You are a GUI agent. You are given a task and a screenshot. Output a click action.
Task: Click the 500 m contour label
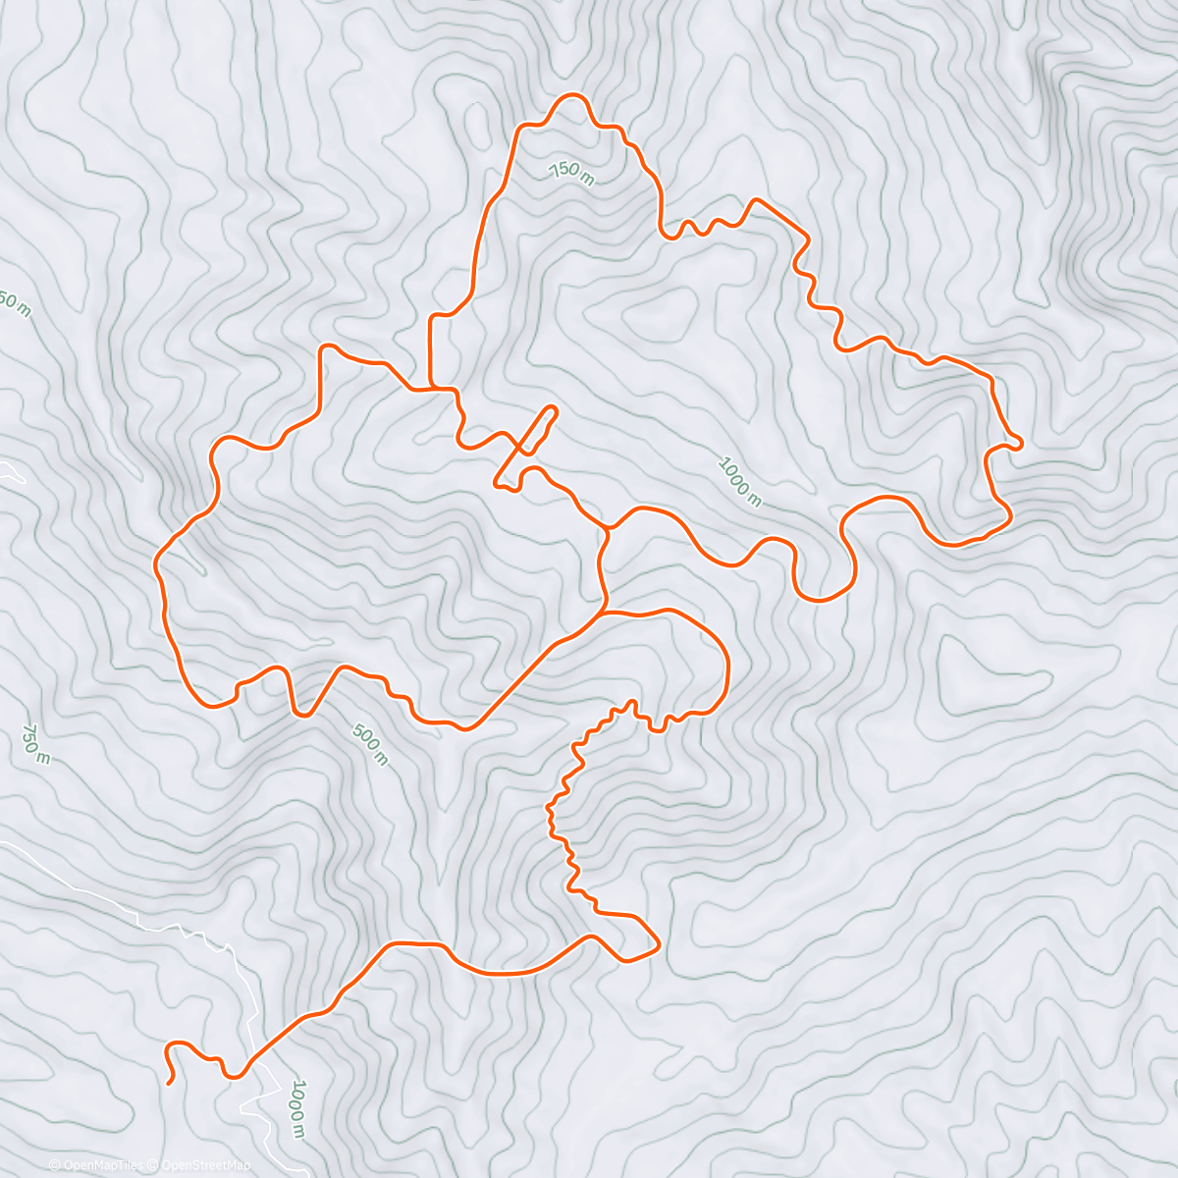370,745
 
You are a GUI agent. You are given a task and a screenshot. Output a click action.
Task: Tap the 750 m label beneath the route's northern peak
571,172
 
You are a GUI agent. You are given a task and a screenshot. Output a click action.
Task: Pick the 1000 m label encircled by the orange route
739,481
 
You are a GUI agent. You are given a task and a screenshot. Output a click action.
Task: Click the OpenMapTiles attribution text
102,1165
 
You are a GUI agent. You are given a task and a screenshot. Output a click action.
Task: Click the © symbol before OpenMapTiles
56,1165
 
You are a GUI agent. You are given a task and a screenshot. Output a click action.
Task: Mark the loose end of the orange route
170,1083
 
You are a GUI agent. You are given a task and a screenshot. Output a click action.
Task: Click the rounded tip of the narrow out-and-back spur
552,409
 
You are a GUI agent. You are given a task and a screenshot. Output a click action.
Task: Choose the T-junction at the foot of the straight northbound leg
432,389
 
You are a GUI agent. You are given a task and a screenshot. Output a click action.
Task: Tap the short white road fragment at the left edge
12,472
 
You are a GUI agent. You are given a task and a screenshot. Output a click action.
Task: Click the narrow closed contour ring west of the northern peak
479,122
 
